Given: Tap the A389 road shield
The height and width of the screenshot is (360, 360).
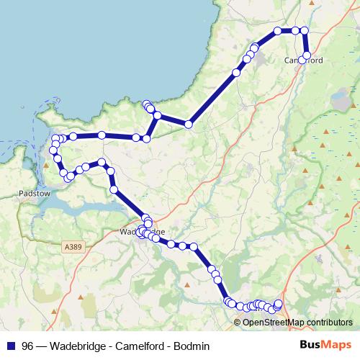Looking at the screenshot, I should coord(73,247).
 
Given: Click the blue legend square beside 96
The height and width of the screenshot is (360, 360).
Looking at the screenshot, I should coord(10,345).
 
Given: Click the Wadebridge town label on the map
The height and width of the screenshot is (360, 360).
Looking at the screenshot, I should coord(142,232).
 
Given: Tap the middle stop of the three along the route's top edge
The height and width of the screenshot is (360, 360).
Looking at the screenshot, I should coord(294,30).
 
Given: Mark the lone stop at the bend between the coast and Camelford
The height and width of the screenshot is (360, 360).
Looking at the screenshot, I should coord(189,124).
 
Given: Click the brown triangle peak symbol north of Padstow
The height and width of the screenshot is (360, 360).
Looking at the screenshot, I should coord(46,165).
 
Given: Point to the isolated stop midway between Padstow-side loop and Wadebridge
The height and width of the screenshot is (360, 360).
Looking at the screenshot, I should coord(114,189).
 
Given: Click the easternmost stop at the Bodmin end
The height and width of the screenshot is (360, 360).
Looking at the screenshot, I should coord(279,303).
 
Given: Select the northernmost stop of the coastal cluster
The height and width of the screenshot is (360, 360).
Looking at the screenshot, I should coord(146,104).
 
